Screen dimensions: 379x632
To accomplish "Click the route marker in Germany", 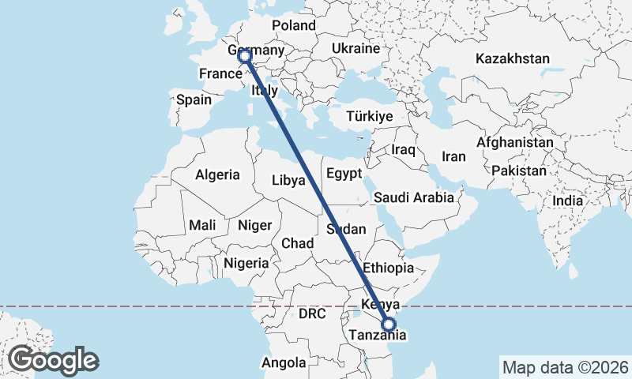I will pyautogui.click(x=244, y=56).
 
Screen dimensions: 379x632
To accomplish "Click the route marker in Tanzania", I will pyautogui.click(x=389, y=324).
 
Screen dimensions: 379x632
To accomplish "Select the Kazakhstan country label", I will pyautogui.click(x=512, y=58).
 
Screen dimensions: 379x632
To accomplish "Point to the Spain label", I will pyautogui.click(x=194, y=99).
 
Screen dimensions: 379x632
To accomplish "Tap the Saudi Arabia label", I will pyautogui.click(x=414, y=197).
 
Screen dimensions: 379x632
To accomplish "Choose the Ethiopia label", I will pyautogui.click(x=388, y=268).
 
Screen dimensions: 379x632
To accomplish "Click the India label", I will pyautogui.click(x=567, y=201).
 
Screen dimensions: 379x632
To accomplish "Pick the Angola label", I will pyautogui.click(x=284, y=363).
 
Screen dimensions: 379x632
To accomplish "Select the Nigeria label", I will pyautogui.click(x=246, y=262).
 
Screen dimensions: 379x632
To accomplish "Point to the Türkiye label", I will pyautogui.click(x=370, y=116).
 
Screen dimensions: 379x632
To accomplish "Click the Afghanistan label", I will pyautogui.click(x=515, y=143).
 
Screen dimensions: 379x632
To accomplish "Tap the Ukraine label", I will pyautogui.click(x=355, y=48).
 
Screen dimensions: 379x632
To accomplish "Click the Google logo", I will pyautogui.click(x=53, y=360).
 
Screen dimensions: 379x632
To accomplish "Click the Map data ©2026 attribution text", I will pyautogui.click(x=565, y=366).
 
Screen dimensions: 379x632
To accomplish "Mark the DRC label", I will pyautogui.click(x=312, y=313).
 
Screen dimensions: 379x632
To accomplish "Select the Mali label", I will pyautogui.click(x=202, y=225).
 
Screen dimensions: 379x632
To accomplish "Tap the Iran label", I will pyautogui.click(x=453, y=156).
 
